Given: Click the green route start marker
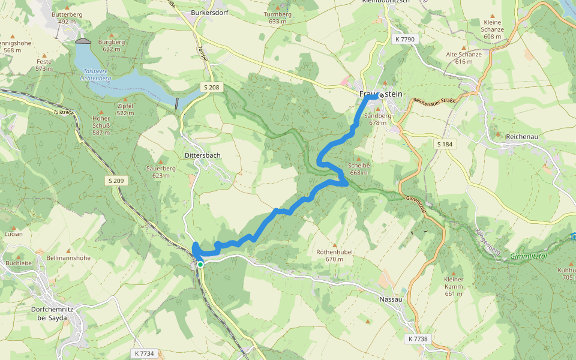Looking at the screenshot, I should click(x=200, y=264).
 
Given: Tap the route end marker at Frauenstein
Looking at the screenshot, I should click(x=382, y=95).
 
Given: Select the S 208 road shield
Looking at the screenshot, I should click(x=212, y=88).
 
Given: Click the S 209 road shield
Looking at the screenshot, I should click(x=118, y=181).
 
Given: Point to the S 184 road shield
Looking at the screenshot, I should click(x=445, y=145).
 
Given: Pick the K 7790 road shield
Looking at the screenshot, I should click(x=405, y=39).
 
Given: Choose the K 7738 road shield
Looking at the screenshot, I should click(x=419, y=339).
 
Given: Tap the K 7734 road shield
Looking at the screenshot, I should click(x=145, y=353).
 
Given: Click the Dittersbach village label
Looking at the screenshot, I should click(x=203, y=155).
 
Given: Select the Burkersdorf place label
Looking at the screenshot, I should click(x=209, y=12).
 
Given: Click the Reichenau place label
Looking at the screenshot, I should click(x=524, y=137).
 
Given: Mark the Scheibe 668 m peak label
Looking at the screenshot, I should click(x=359, y=169).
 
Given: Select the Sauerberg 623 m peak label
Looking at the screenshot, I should click(x=161, y=172).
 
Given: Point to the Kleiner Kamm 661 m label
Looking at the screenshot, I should click(x=454, y=286).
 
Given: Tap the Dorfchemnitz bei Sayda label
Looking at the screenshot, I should click(x=51, y=313).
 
